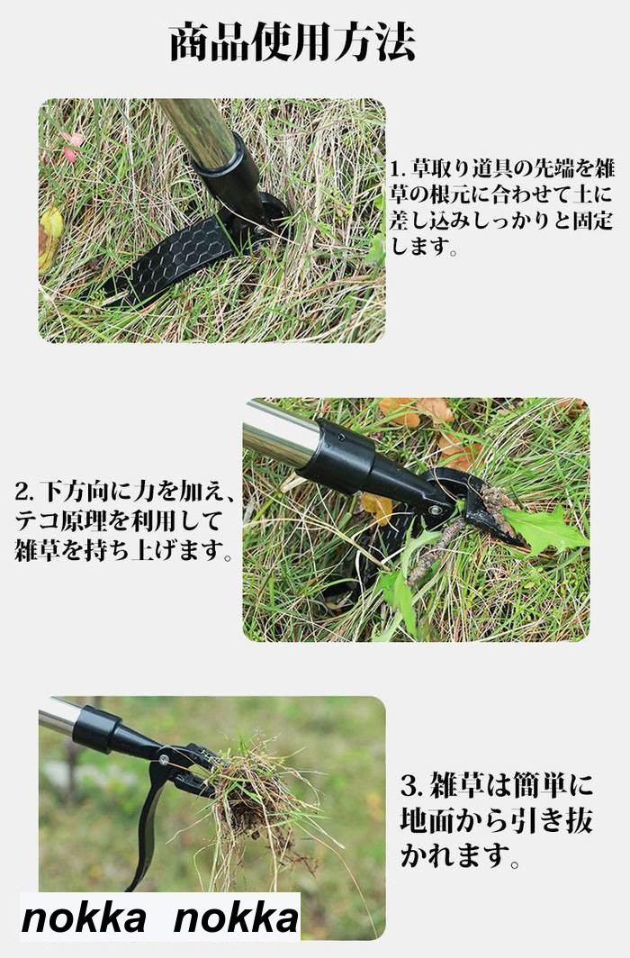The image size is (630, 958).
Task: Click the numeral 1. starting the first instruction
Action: pyautogui.click(x=399, y=167)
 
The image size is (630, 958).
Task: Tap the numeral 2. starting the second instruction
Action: pyautogui.click(x=25, y=492)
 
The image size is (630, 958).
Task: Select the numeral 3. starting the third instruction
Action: pyautogui.click(x=412, y=784)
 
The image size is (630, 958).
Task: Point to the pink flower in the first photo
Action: pyautogui.click(x=73, y=147)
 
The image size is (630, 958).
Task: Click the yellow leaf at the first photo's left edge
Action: pyautogui.click(x=50, y=238)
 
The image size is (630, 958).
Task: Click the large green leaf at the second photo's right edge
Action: pyautogui.click(x=544, y=528)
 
